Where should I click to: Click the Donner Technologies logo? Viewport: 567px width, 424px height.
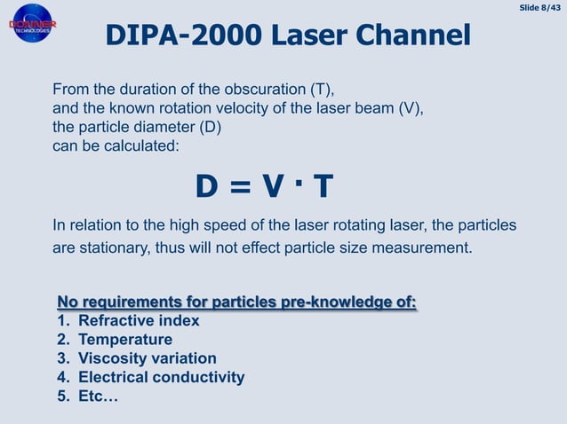click(x=32, y=25)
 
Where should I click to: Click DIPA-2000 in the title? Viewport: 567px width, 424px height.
click(x=172, y=35)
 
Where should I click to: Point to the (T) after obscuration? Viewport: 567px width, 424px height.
click(x=320, y=90)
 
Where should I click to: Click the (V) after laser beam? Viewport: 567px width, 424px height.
click(x=407, y=108)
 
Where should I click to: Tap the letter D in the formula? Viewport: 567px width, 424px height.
click(x=207, y=186)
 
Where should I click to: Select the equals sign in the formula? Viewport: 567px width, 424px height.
click(x=236, y=187)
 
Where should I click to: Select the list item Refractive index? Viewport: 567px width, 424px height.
click(x=138, y=320)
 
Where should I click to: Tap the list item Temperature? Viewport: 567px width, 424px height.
click(x=124, y=339)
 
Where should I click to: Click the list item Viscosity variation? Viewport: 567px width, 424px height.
click(x=147, y=358)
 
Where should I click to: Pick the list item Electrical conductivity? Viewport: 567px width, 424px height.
click(x=161, y=377)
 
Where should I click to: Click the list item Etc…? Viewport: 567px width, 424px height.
click(x=98, y=397)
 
